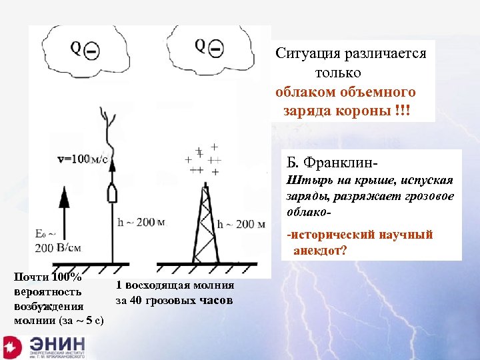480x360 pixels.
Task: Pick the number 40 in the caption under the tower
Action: [138, 300]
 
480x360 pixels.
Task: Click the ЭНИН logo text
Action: [57, 345]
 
